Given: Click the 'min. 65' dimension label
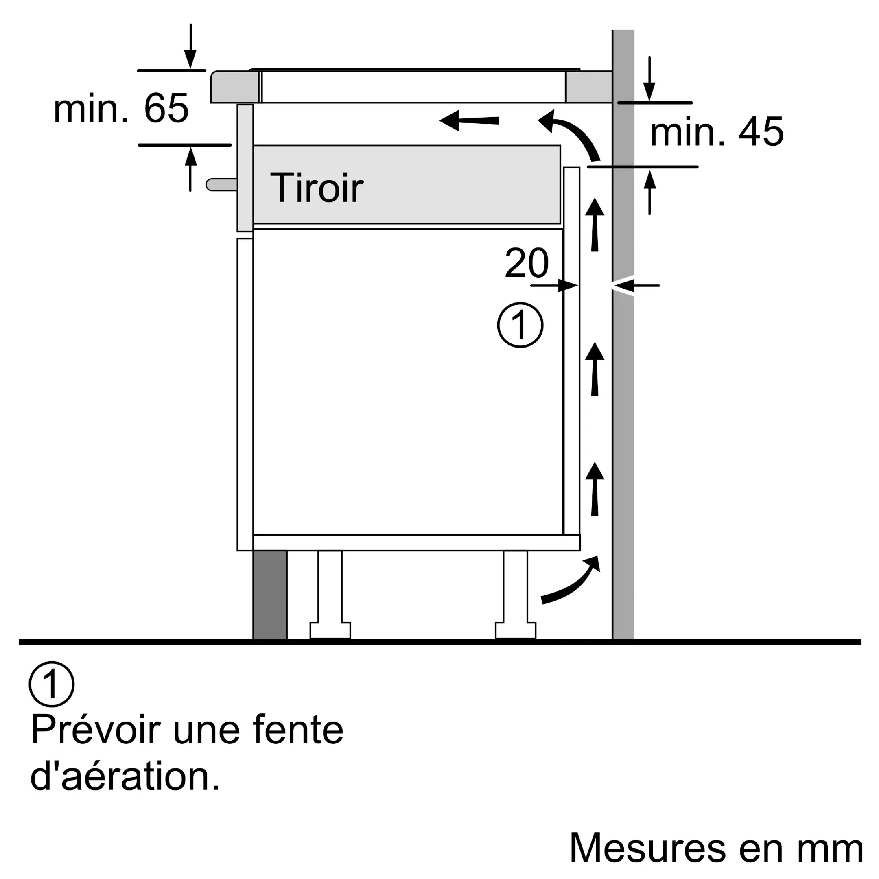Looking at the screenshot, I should pyautogui.click(x=121, y=108).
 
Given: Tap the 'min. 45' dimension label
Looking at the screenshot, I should pyautogui.click(x=717, y=132).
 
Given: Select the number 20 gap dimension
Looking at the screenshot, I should pyautogui.click(x=527, y=262).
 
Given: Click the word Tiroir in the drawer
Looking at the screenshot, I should pyautogui.click(x=317, y=188).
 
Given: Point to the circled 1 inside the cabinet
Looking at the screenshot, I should pyautogui.click(x=520, y=325).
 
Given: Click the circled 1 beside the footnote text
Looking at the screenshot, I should pyautogui.click(x=51, y=684).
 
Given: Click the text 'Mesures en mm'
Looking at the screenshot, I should pyautogui.click(x=716, y=847).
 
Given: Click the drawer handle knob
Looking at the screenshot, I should pyautogui.click(x=221, y=185).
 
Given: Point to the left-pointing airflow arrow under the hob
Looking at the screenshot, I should pyautogui.click(x=469, y=120).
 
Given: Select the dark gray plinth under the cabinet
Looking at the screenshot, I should pyautogui.click(x=270, y=595).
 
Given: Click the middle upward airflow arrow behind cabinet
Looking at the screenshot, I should pyautogui.click(x=595, y=369).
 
